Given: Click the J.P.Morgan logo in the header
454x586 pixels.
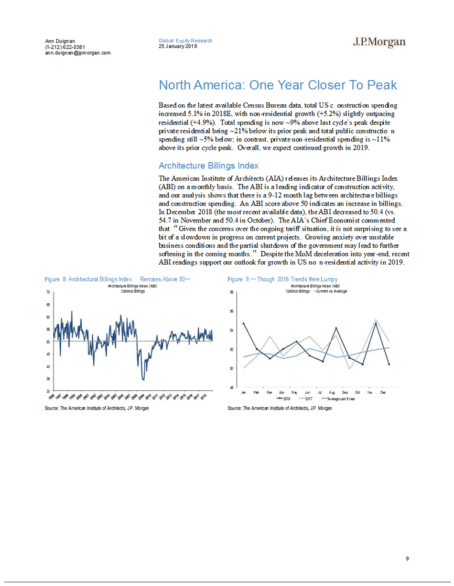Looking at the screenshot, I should [379, 42].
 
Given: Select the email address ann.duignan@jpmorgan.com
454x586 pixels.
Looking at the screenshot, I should [77, 53].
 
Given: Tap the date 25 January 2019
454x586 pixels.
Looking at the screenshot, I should [178, 46].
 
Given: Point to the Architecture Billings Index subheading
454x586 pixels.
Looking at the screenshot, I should [208, 166].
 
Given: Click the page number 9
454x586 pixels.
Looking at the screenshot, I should [407, 558].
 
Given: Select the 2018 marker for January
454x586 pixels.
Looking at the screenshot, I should [244, 323].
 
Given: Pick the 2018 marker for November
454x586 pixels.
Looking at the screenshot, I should [376, 323].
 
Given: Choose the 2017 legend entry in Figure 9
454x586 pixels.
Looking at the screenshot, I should [306, 398].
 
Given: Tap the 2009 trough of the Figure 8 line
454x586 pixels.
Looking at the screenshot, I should [143, 380].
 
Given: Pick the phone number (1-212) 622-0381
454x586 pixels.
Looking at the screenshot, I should [65, 47].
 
